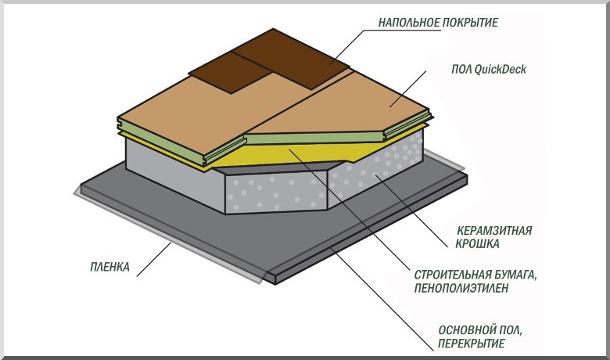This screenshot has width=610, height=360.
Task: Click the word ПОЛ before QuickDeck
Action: [x=462, y=70]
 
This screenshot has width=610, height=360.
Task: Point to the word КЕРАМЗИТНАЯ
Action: [x=494, y=231]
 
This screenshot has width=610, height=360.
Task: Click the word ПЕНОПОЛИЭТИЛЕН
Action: [x=460, y=288]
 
